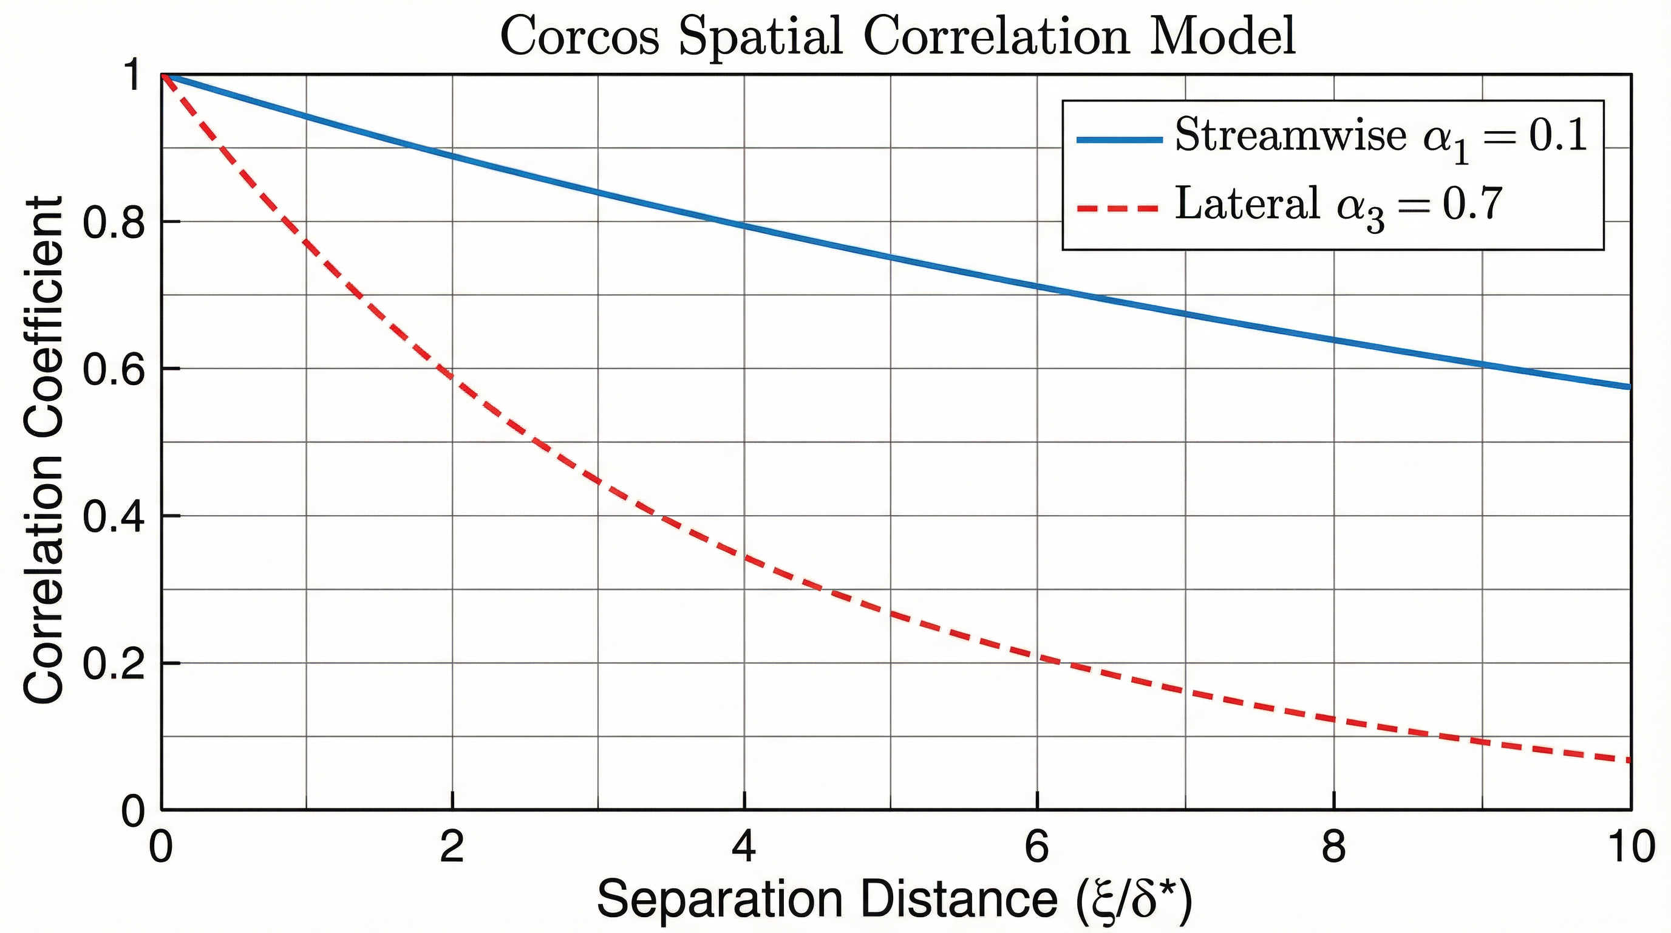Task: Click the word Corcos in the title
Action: pyautogui.click(x=580, y=37)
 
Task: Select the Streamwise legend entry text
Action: pyautogui.click(x=1290, y=137)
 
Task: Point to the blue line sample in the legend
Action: pyautogui.click(x=1118, y=140)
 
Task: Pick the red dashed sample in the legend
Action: pyautogui.click(x=1118, y=208)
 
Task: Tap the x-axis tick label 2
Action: pyautogui.click(x=452, y=847)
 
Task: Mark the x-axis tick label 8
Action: pyautogui.click(x=1333, y=847)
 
